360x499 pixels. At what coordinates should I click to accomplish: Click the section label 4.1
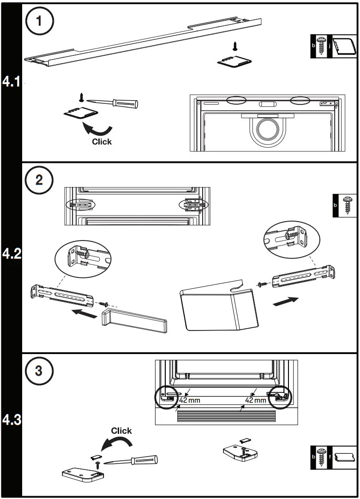tap(11, 83)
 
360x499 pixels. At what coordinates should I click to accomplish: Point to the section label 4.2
tap(11, 254)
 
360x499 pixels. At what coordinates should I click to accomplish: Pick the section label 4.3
tap(11, 420)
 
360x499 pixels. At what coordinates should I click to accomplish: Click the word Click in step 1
tap(102, 142)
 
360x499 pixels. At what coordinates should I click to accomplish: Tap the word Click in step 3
tap(121, 431)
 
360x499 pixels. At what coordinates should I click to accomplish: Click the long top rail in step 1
tap(143, 43)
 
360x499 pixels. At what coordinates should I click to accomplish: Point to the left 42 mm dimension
tap(190, 400)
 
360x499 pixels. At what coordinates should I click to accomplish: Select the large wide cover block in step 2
tap(217, 309)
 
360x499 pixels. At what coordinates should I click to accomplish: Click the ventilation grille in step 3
tap(226, 417)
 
